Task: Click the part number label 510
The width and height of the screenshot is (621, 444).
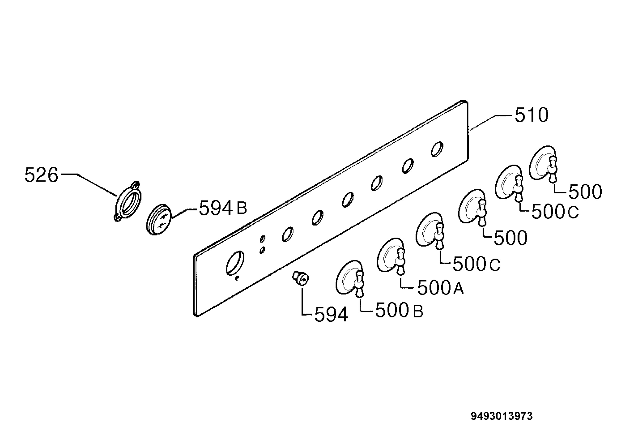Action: pyautogui.click(x=531, y=115)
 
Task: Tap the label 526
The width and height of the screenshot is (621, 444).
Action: pyautogui.click(x=41, y=175)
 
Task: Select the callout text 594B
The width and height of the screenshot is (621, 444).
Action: pyautogui.click(x=223, y=208)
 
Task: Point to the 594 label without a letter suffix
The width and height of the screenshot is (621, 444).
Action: pyautogui.click(x=331, y=315)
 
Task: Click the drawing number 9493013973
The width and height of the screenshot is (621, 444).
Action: pyautogui.click(x=502, y=416)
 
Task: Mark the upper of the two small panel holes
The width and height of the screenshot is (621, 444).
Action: pyautogui.click(x=263, y=239)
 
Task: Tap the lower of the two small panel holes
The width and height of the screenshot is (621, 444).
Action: pyautogui.click(x=262, y=250)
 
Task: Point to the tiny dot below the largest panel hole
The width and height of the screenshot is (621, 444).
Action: pyautogui.click(x=237, y=279)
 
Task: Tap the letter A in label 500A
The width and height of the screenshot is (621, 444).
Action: pyautogui.click(x=459, y=289)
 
